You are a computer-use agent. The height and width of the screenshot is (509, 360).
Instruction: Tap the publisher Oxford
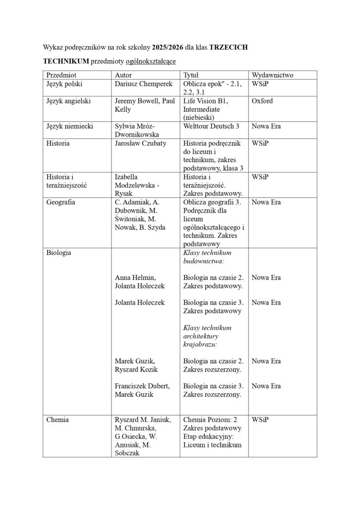[262, 101]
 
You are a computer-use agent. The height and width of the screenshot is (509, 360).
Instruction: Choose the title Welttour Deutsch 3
[211, 126]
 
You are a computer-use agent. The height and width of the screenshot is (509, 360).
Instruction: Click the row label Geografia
[61, 202]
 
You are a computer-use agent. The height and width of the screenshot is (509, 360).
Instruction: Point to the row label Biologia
[59, 253]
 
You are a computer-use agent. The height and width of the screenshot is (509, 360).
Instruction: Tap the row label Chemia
[58, 420]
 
